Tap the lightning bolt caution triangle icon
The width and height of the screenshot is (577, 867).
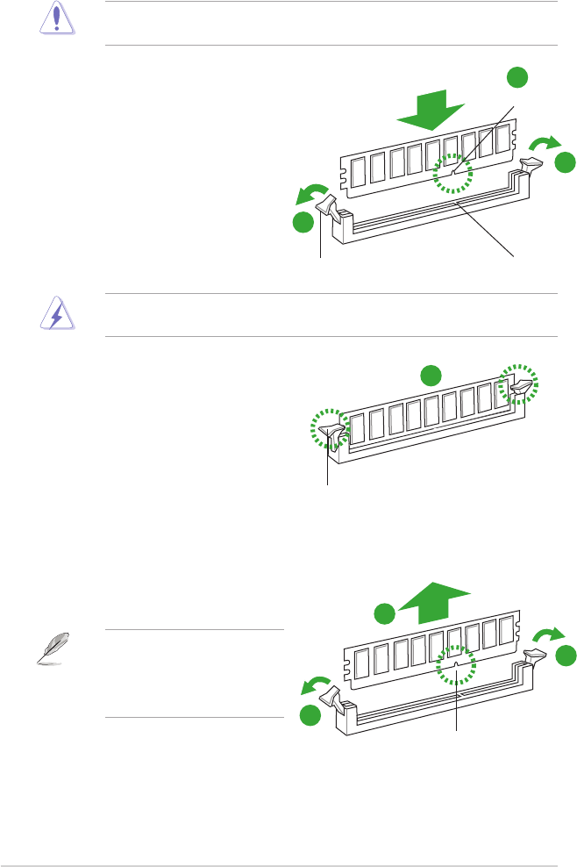(55, 315)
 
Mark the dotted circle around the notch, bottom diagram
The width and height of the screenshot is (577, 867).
(455, 668)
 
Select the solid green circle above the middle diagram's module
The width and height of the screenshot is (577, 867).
(429, 376)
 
